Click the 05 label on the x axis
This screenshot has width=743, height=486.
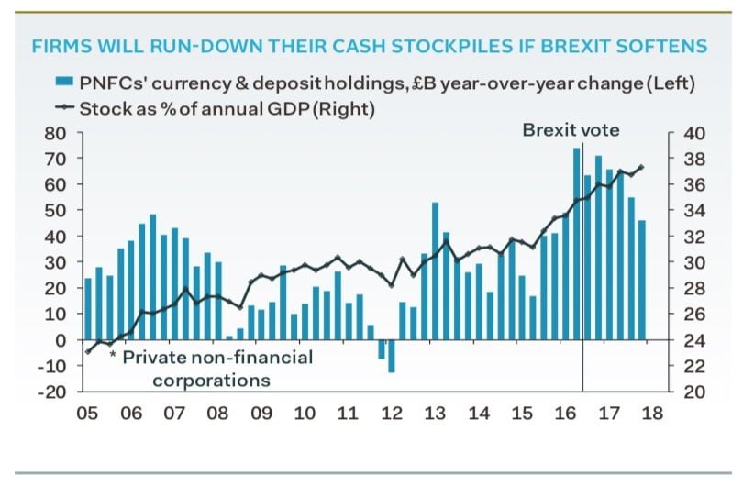point(87,413)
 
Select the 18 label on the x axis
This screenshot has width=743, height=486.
point(651,413)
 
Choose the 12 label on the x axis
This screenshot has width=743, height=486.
point(392,413)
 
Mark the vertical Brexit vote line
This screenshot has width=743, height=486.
point(583,275)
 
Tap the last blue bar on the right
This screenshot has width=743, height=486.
point(642,280)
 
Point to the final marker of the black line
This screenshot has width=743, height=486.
point(641,167)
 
